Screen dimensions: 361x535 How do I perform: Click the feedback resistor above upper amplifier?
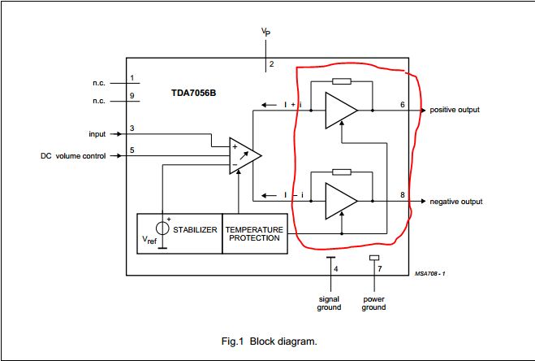pyautogui.click(x=342, y=81)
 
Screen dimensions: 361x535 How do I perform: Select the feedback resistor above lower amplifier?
pyautogui.click(x=342, y=172)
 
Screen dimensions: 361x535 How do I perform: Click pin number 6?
pyautogui.click(x=403, y=104)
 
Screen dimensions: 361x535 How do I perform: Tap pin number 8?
pyautogui.click(x=403, y=195)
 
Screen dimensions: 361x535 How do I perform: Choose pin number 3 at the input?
pyautogui.click(x=132, y=128)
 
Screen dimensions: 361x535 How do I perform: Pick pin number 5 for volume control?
pyautogui.click(x=132, y=150)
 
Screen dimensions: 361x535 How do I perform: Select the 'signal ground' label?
pyautogui.click(x=329, y=302)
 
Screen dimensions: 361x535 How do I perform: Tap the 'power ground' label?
pyautogui.click(x=373, y=302)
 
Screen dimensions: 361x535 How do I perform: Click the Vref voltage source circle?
pyautogui.click(x=162, y=230)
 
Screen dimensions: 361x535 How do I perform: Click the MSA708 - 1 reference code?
pyautogui.click(x=429, y=273)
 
